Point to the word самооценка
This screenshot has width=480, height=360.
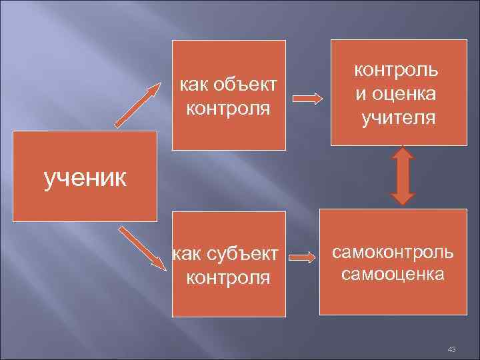pyautogui.click(x=393, y=273)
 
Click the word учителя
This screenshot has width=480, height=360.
pyautogui.click(x=398, y=119)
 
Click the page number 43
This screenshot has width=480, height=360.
pyautogui.click(x=451, y=350)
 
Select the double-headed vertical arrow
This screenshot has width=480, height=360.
pyautogui.click(x=402, y=175)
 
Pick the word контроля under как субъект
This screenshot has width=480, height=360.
pyautogui.click(x=228, y=276)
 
